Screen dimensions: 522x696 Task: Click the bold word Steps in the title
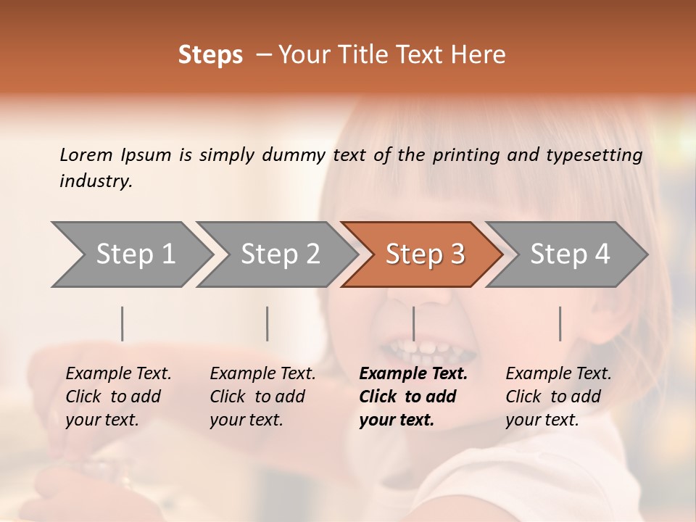tap(210, 55)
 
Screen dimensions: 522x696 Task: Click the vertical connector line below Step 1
tap(123, 323)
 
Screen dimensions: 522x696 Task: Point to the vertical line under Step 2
tap(268, 323)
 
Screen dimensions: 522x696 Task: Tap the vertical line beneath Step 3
tap(413, 323)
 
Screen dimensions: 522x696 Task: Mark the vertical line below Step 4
tap(560, 323)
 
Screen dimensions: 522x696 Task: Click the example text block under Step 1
tap(118, 397)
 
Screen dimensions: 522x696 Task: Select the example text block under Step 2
tap(262, 397)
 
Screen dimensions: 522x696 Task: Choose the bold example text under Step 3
tap(413, 397)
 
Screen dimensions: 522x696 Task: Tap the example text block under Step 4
tap(558, 397)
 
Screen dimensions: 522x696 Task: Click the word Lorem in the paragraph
tap(86, 154)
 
